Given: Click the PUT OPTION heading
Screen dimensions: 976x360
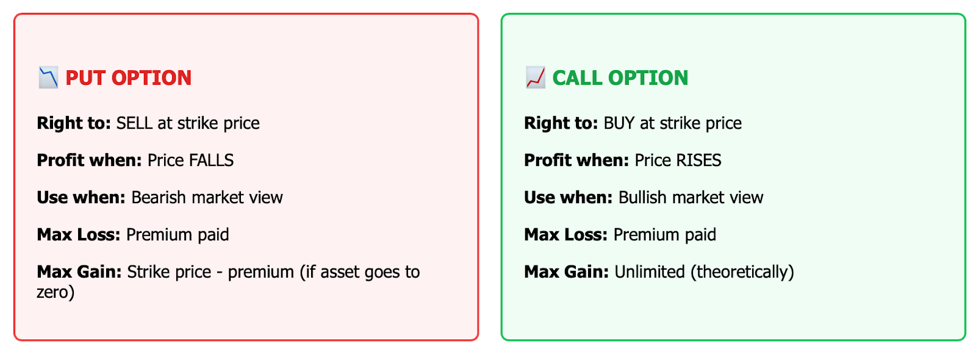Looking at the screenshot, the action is (129, 78).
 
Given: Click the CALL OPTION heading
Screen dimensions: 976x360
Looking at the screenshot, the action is (620, 78).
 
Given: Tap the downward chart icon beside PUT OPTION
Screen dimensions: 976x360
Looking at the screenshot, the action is (48, 77).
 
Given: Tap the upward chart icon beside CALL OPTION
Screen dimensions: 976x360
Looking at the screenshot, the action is (535, 77).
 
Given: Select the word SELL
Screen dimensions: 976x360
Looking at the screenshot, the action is (134, 123).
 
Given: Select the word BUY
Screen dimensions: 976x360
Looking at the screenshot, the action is (619, 123).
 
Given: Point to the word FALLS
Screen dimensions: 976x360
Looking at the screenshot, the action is (212, 160).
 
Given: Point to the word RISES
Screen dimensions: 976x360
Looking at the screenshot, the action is (699, 160).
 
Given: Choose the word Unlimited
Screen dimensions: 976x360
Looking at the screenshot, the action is (650, 272).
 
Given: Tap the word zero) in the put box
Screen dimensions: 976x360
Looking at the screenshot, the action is (56, 292).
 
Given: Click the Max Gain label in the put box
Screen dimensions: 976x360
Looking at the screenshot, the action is (79, 272).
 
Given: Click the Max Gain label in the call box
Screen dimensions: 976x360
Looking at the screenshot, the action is (567, 272).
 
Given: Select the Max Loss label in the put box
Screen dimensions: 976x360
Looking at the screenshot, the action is (79, 235).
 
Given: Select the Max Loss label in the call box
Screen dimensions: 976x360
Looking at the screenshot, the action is (566, 235).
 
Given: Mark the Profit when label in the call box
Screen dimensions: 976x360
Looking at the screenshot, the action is (576, 160).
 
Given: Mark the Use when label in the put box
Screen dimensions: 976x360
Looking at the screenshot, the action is (82, 198).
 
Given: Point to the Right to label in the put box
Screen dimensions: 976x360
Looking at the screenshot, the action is (74, 123).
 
